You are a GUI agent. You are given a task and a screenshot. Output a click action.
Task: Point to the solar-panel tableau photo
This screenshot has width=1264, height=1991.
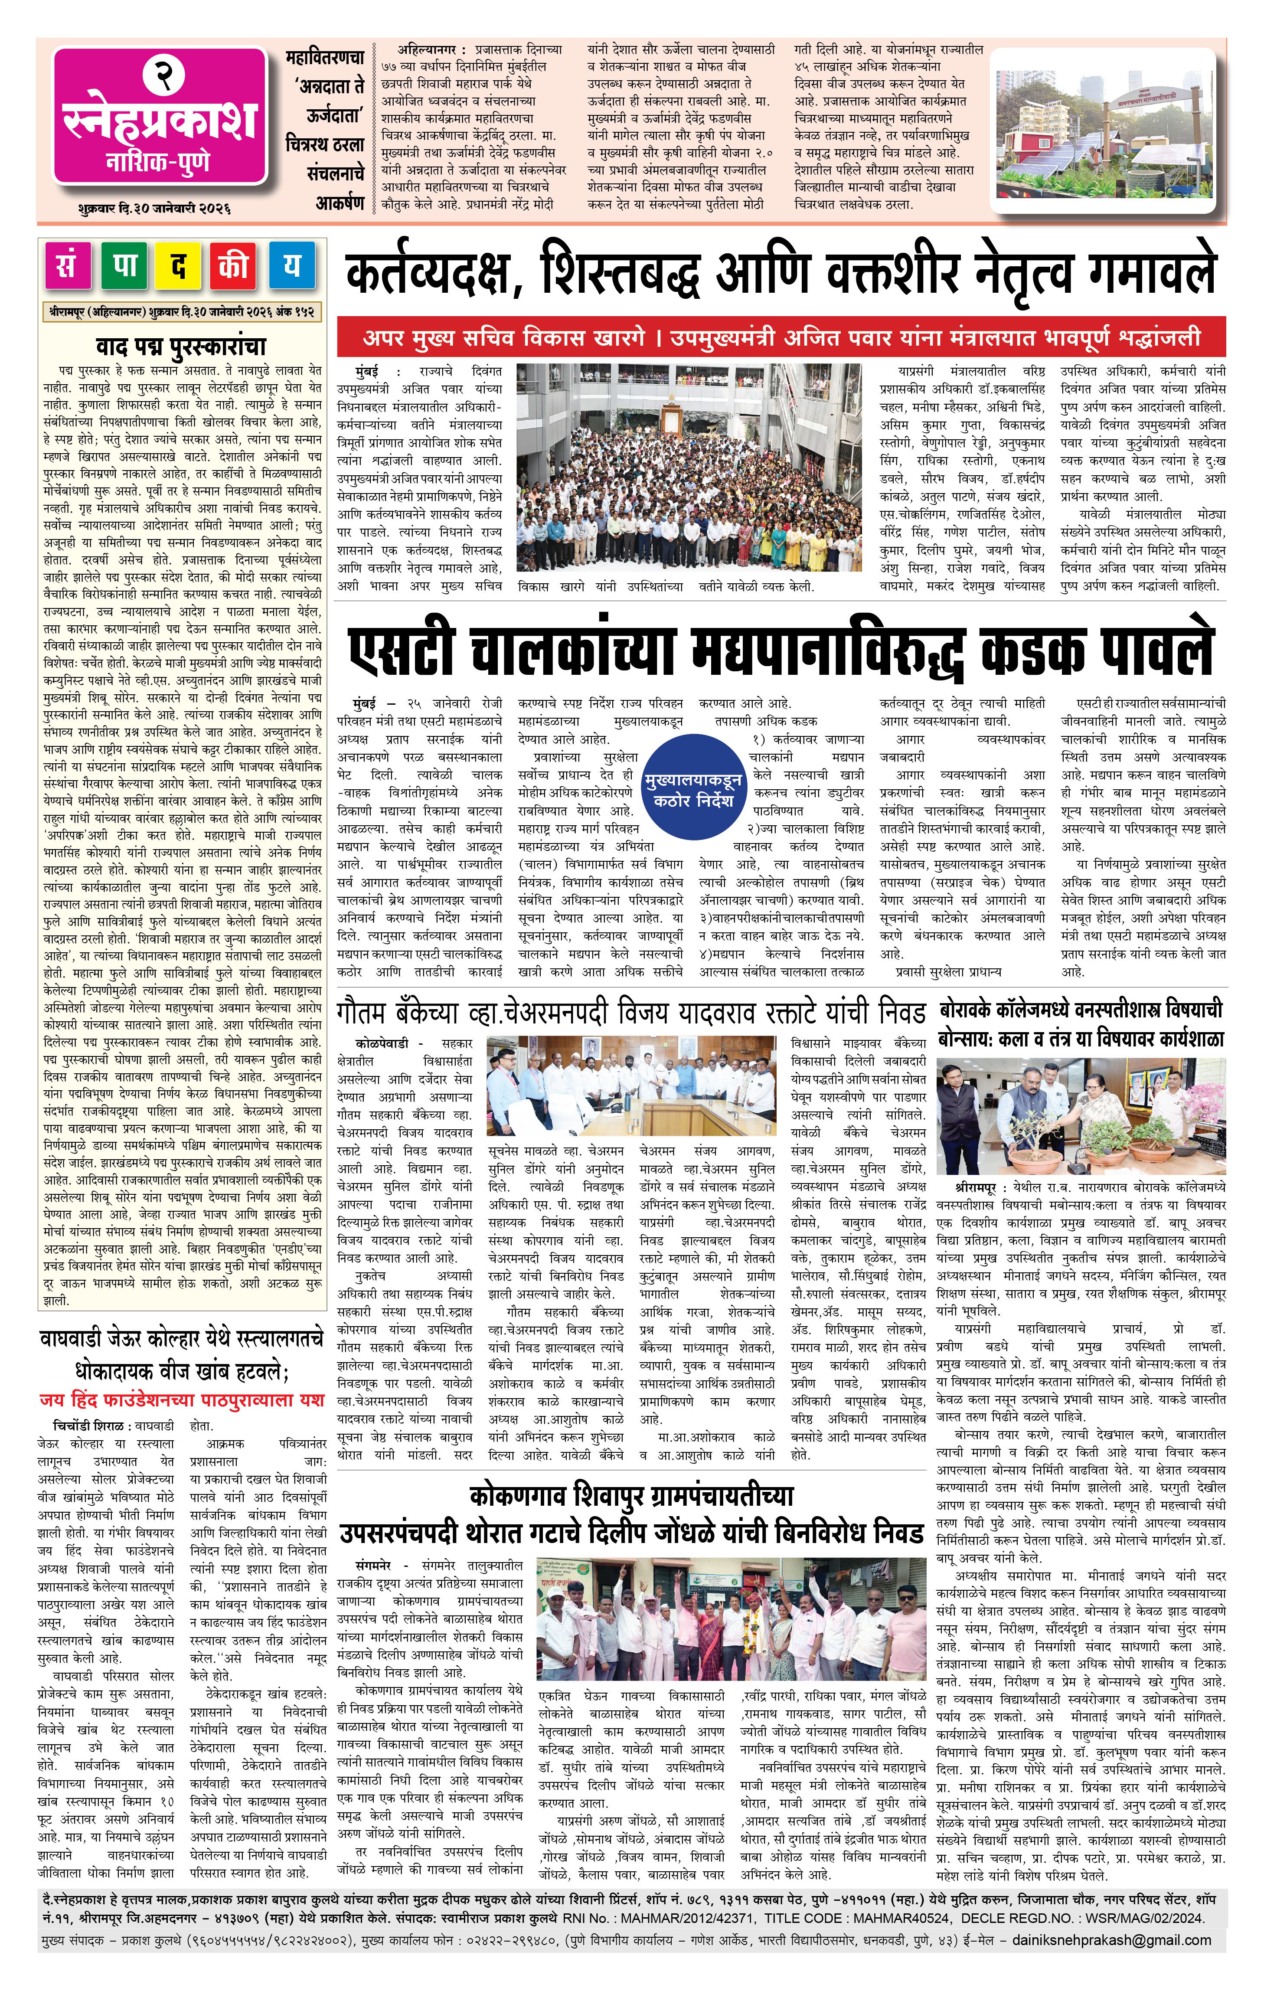click(x=1107, y=129)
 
